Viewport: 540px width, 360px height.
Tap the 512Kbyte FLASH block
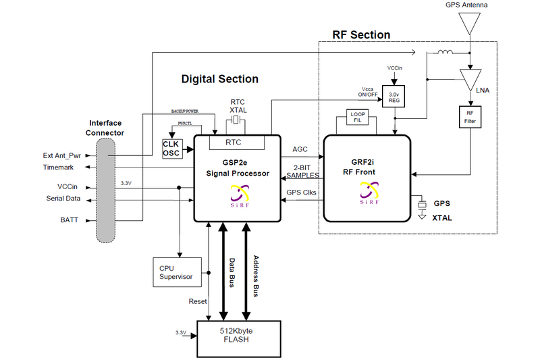coord(240,335)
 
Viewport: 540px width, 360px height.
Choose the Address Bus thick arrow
coord(246,271)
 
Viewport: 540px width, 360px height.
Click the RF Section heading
coord(361,34)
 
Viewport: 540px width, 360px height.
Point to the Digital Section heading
coord(219,79)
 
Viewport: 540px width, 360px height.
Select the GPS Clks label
coord(302,193)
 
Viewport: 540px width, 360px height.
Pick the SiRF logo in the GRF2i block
coord(366,195)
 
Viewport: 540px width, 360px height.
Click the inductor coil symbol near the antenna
coord(445,52)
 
